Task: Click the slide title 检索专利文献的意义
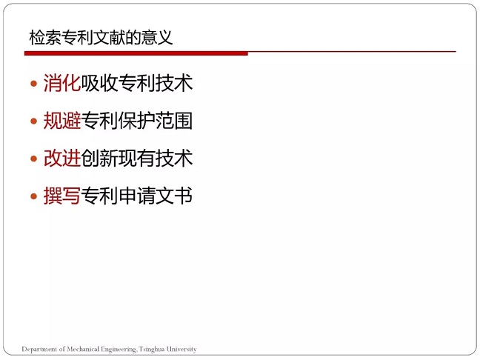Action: (x=101, y=38)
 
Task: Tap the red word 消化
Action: (x=62, y=83)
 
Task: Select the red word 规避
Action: (x=62, y=121)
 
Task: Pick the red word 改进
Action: (x=62, y=159)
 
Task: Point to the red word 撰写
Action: (x=62, y=196)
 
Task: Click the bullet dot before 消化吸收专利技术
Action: (x=33, y=84)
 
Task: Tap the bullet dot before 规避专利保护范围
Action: (x=33, y=121)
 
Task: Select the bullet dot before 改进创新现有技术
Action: (x=33, y=159)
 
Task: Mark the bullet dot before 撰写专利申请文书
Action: (x=33, y=196)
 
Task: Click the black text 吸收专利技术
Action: (x=137, y=83)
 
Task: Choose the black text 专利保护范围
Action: (x=137, y=121)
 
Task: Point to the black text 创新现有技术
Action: (x=137, y=159)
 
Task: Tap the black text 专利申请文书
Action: (x=137, y=196)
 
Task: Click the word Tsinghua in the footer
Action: (x=152, y=350)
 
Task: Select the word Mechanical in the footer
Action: (x=83, y=349)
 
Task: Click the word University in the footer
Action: (x=181, y=350)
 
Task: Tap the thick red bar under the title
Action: (x=136, y=53)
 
